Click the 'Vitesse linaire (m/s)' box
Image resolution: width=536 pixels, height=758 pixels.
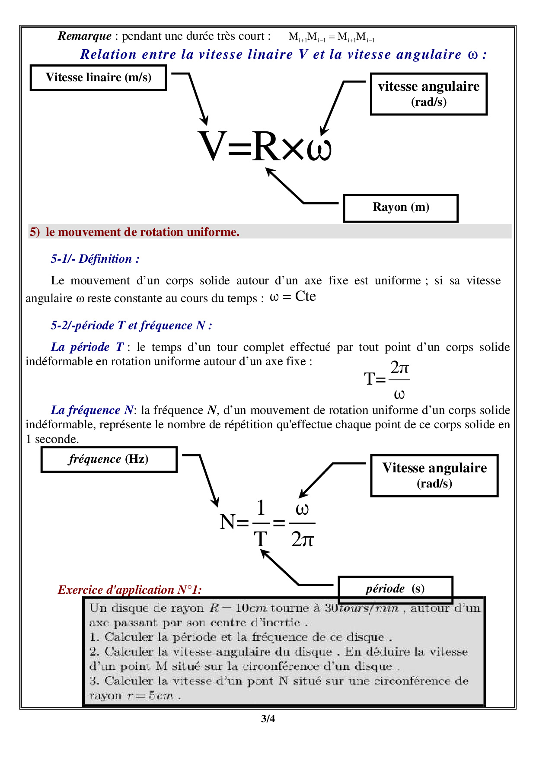(x=98, y=78)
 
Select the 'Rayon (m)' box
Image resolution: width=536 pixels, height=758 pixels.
(x=401, y=208)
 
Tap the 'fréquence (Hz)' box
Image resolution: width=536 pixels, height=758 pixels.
(x=109, y=459)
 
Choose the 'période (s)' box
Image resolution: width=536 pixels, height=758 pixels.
(x=395, y=589)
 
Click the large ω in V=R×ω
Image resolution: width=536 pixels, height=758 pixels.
(x=319, y=148)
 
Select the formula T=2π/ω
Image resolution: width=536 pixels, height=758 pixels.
(x=387, y=379)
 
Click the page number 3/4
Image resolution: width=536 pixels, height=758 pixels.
(x=268, y=719)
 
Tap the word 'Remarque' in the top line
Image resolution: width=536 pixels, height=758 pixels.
(x=85, y=36)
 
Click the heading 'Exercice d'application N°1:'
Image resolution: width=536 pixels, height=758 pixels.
(x=130, y=590)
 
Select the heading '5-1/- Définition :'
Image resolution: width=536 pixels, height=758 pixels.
(x=95, y=259)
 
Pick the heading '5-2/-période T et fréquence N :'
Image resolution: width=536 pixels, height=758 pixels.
(x=131, y=325)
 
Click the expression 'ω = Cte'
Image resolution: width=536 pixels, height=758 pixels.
(x=293, y=297)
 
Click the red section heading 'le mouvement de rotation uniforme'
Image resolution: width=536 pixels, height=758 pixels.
(x=143, y=232)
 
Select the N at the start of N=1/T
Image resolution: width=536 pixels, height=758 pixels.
(x=227, y=522)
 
